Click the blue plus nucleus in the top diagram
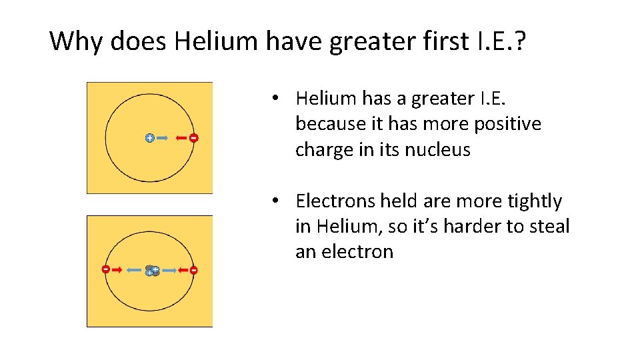point(149,138)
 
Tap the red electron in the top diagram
point(193,138)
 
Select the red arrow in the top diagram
point(181,138)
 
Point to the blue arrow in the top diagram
point(161,138)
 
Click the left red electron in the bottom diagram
point(105,269)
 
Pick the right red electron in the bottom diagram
point(193,270)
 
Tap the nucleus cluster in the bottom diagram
point(153,271)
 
